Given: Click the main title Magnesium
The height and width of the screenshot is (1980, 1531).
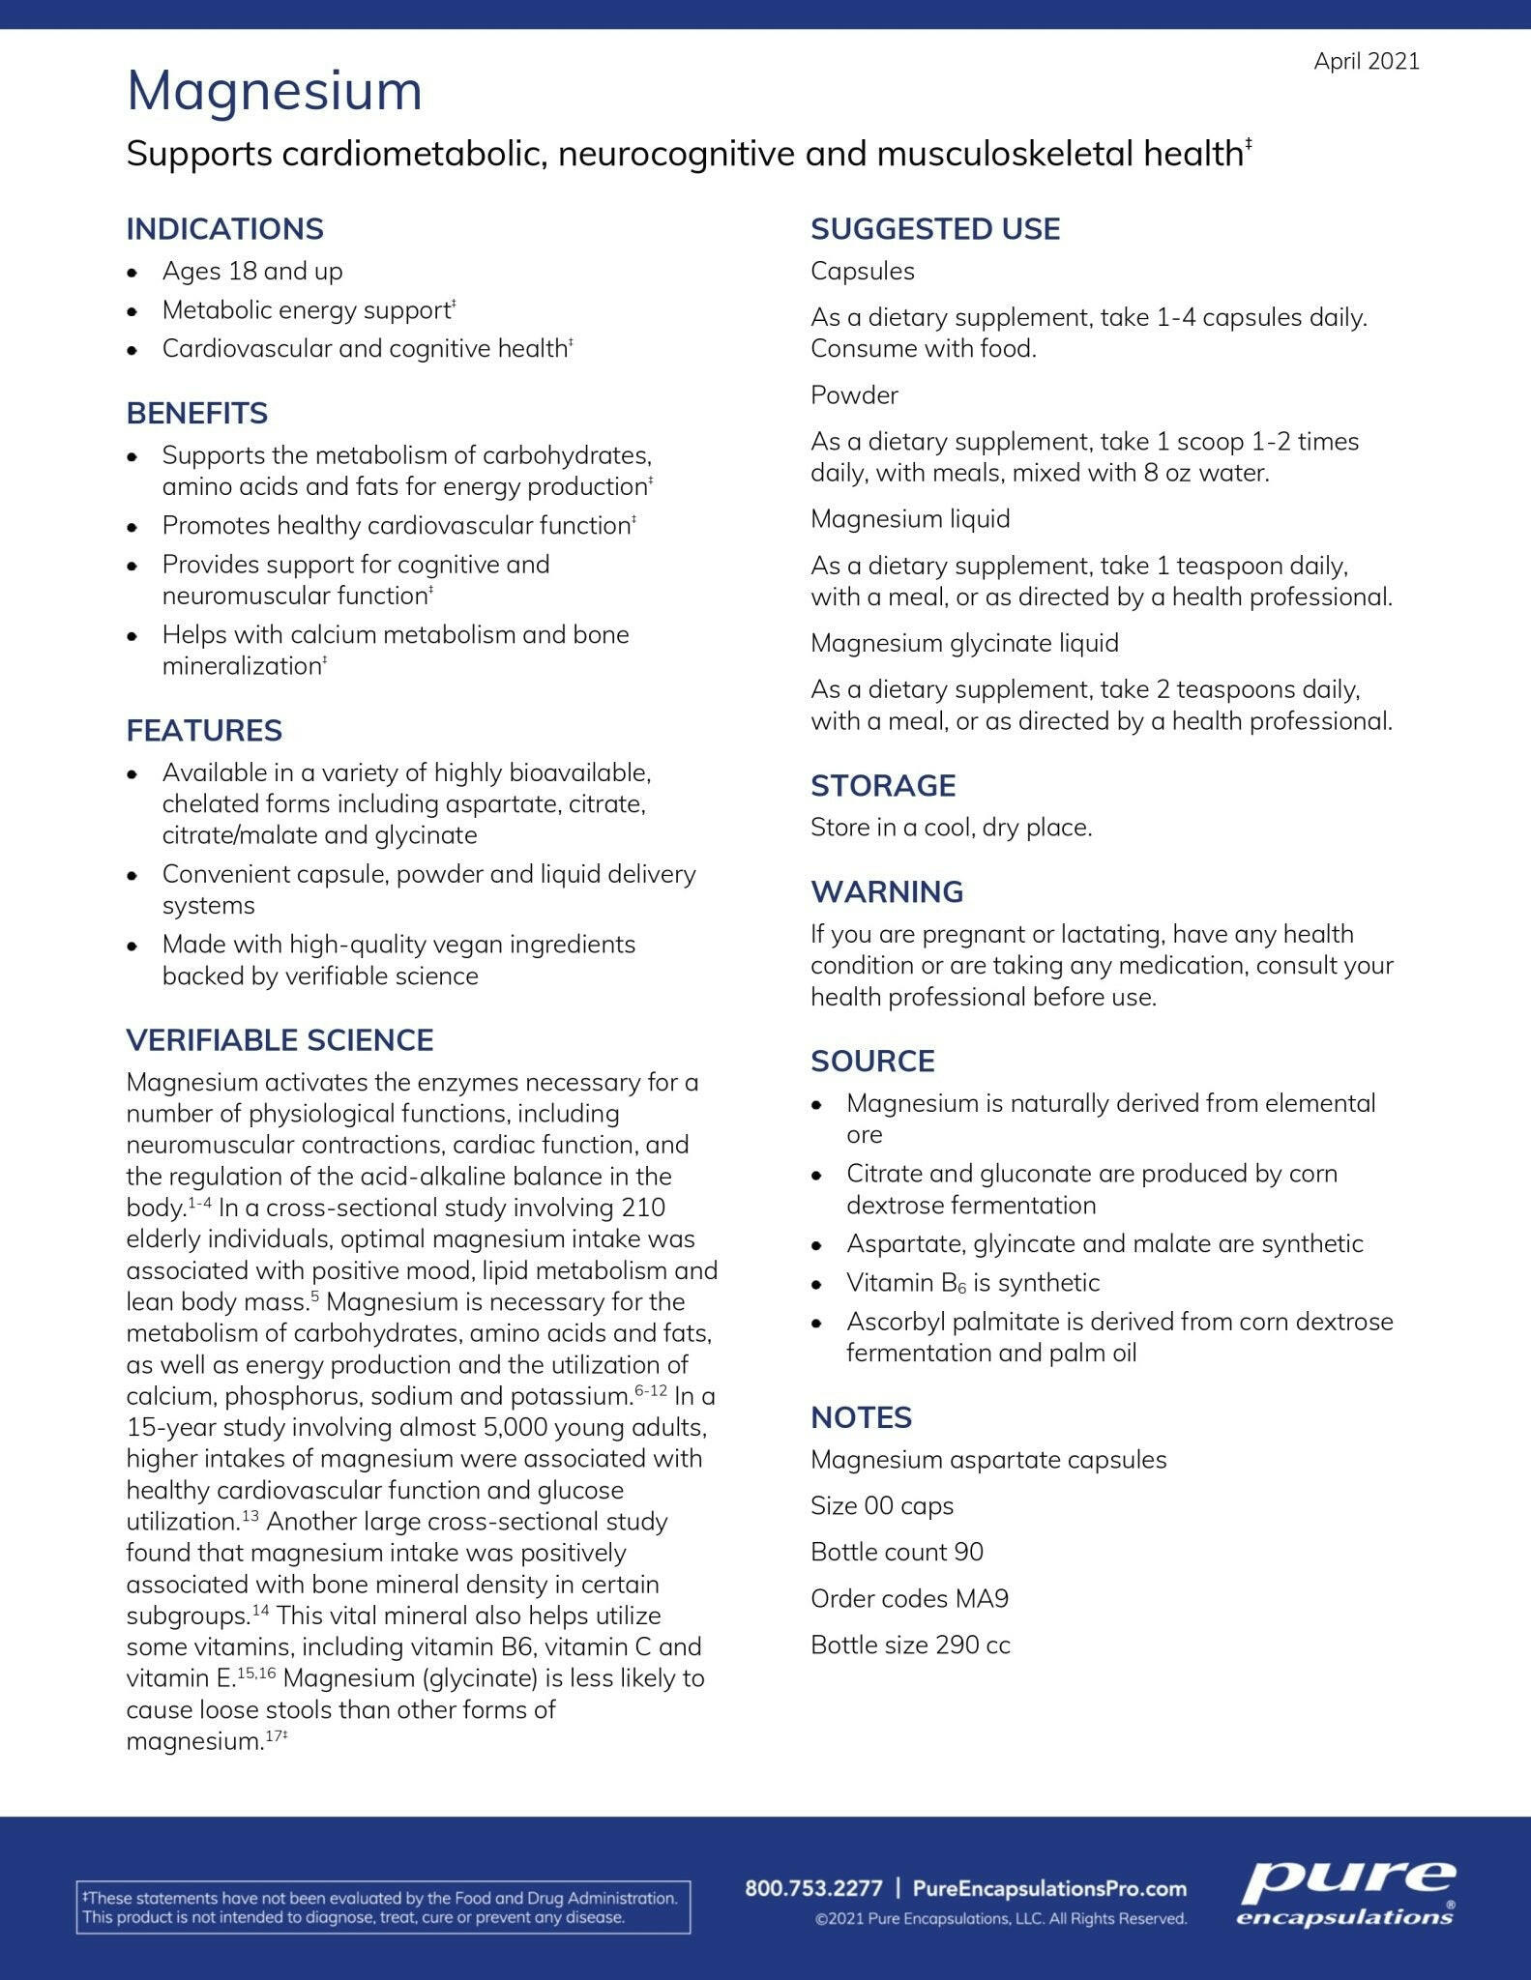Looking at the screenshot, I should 275,91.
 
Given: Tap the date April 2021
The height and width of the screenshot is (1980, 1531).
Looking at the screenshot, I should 1366,61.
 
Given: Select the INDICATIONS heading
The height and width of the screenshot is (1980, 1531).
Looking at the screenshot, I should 224,229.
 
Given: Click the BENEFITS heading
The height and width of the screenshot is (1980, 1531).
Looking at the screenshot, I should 196,413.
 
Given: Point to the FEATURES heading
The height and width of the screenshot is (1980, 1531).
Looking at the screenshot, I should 204,730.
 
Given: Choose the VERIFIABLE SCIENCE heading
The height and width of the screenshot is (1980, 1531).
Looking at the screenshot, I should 280,1039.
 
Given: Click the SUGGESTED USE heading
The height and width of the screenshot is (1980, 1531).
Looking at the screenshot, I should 934,229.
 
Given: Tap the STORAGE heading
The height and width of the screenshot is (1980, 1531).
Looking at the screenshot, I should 882,785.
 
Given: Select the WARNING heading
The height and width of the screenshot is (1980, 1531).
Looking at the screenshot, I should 886,891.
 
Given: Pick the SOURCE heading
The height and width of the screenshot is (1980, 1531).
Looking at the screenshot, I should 872,1061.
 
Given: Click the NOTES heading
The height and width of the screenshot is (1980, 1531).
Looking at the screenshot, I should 861,1417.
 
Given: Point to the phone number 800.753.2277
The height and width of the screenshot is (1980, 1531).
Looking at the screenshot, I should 813,1888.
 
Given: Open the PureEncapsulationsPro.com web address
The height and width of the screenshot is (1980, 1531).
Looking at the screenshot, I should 1049,1888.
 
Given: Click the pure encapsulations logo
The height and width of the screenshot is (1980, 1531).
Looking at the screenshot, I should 1346,1892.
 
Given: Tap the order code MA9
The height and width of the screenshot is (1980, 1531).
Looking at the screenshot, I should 982,1598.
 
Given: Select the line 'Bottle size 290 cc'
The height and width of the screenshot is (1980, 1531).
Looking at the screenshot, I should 910,1645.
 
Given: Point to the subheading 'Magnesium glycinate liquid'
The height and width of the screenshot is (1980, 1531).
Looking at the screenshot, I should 964,643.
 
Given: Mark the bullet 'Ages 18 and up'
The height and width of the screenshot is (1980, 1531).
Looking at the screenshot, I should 251,271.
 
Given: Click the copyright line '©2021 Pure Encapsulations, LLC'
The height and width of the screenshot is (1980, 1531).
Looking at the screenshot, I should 1000,1919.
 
